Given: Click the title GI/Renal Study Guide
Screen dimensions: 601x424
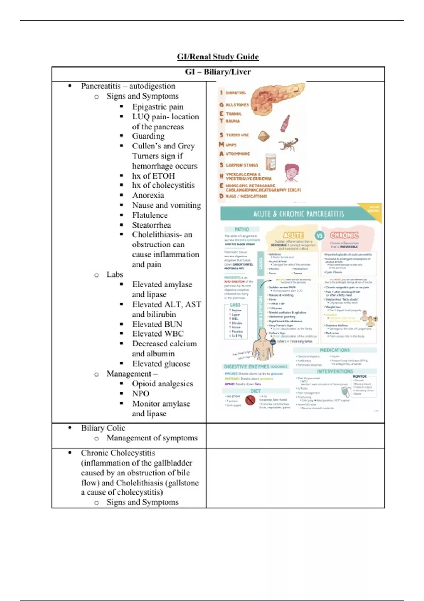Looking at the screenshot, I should click(218, 57).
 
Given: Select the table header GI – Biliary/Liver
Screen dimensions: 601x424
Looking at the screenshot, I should click(218, 72).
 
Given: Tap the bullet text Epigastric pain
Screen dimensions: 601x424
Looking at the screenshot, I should click(158, 106).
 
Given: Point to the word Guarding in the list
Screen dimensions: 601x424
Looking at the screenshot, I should click(148, 136).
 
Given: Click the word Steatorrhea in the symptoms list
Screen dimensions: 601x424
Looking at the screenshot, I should click(151, 225).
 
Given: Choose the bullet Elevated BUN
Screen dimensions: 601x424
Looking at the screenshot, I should click(157, 324).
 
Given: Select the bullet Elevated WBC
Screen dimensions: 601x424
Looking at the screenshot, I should click(158, 334).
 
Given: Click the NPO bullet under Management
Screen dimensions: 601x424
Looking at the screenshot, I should click(141, 393).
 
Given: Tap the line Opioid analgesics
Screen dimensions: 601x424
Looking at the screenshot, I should click(163, 384).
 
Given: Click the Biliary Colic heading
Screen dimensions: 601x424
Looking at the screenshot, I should click(103, 428).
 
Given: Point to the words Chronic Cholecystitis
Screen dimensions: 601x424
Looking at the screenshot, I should click(118, 453).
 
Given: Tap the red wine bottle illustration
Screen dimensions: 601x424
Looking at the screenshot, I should click(285, 123).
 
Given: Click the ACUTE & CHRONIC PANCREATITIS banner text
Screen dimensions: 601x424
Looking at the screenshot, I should click(299, 214).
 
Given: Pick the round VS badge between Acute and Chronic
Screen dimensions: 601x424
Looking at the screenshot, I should click(319, 235).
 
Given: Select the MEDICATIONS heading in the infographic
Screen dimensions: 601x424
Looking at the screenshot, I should click(335, 350).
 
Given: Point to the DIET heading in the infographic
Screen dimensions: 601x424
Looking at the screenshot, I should click(255, 391).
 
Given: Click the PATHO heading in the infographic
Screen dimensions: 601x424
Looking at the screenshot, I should click(242, 229).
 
